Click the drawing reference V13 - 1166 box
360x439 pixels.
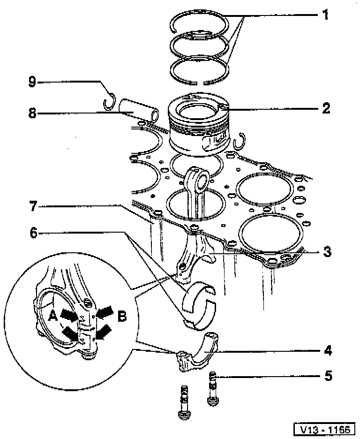[x=324, y=429]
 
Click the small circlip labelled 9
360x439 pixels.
[x=110, y=100]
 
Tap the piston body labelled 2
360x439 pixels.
[x=200, y=127]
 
